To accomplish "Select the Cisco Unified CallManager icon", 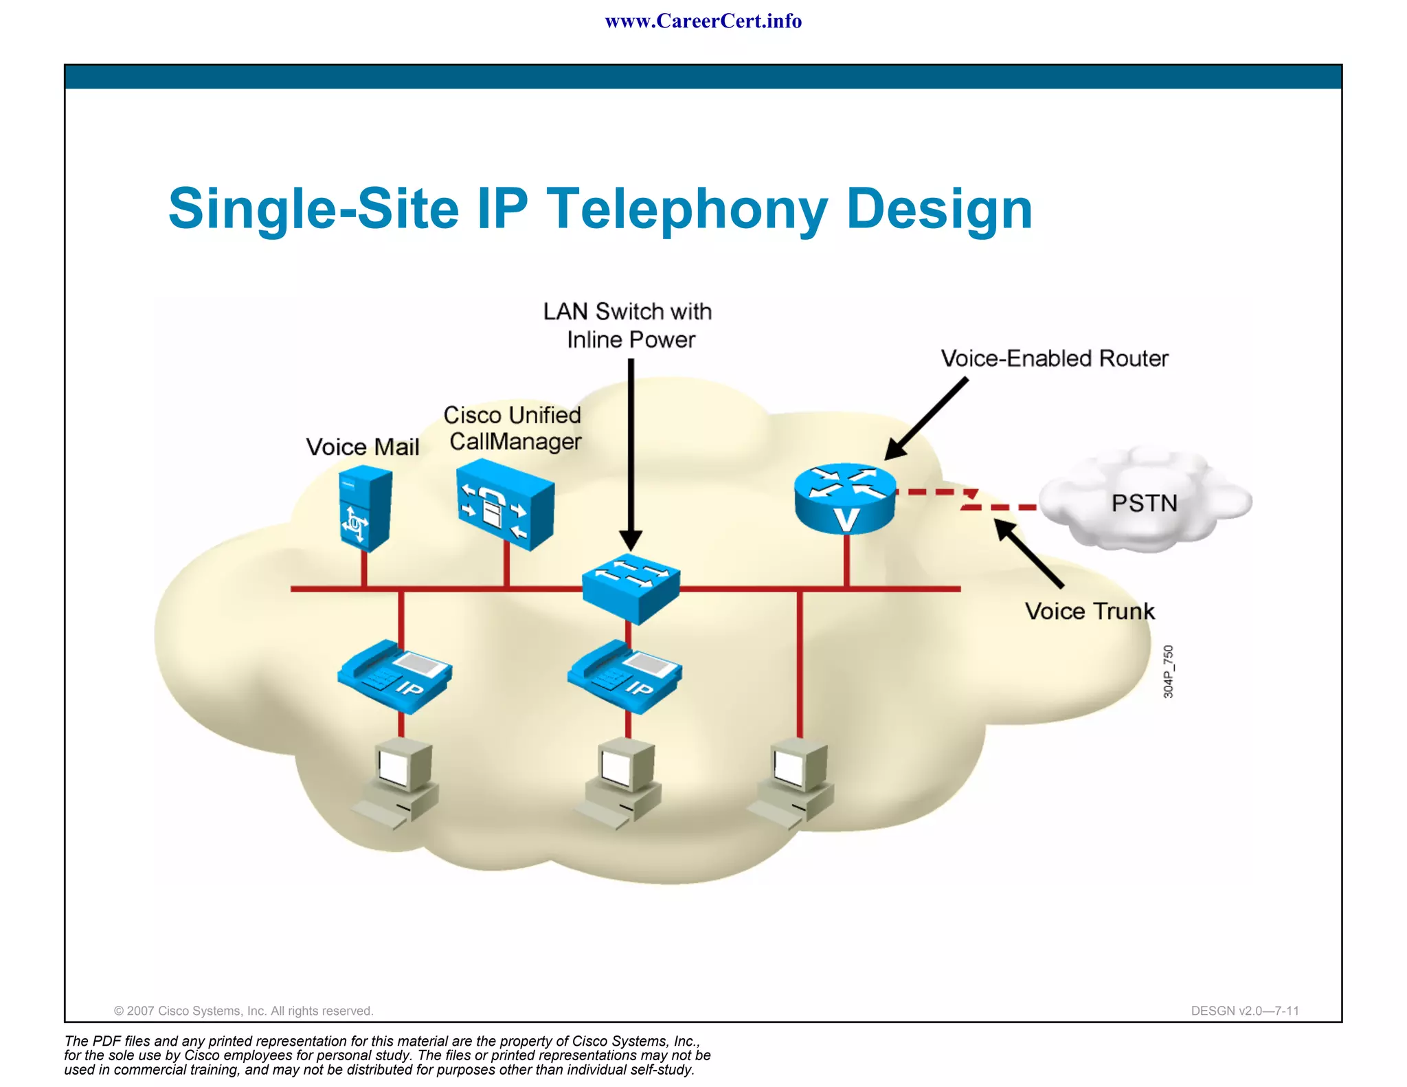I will click(506, 504).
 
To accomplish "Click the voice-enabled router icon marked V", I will click(845, 499).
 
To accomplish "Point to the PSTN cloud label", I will click(1144, 503).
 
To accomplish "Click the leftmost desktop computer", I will click(398, 783).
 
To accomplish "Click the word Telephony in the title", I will click(687, 209).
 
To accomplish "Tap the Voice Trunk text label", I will click(1090, 611).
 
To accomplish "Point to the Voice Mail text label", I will click(362, 447).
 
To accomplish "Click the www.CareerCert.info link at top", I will click(703, 21).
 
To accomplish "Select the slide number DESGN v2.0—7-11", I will click(1244, 1011).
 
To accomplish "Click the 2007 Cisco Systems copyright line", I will click(243, 1011).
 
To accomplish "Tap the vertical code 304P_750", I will click(1169, 671).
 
